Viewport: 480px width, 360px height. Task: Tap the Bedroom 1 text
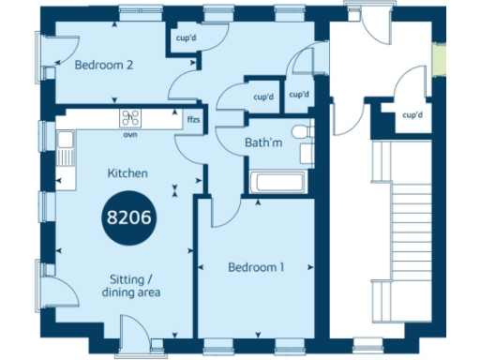(x=256, y=267)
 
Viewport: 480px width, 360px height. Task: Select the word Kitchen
(x=127, y=173)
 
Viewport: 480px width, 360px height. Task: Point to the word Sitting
(x=128, y=279)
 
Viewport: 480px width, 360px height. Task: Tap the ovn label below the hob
(x=130, y=133)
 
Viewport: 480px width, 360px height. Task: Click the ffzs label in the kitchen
(x=193, y=121)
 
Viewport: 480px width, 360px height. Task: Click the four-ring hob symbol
(x=130, y=118)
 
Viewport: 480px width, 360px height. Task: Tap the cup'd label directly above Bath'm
(x=263, y=97)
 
